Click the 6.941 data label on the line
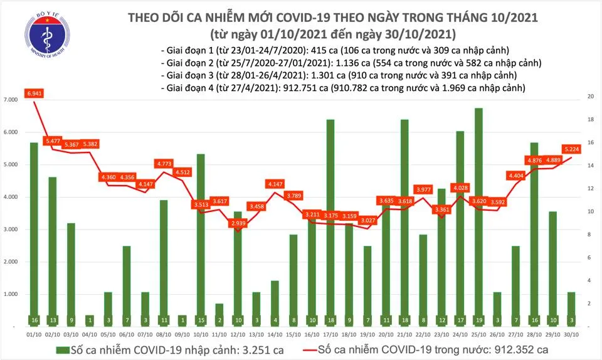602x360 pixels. click(34, 93)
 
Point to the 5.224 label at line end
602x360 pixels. click(569, 149)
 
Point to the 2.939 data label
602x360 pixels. click(238, 223)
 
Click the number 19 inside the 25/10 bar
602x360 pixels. click(478, 320)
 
